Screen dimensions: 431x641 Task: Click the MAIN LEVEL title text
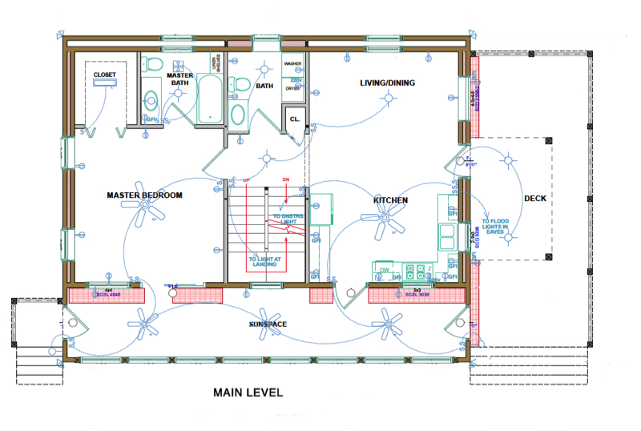248,393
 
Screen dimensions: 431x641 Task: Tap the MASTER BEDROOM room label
145,195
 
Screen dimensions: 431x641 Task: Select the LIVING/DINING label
388,83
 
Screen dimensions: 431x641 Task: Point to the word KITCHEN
390,199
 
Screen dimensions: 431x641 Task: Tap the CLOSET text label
104,75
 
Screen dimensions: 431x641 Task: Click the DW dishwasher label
385,270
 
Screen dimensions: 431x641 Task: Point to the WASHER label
292,62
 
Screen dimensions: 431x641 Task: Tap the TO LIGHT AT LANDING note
264,262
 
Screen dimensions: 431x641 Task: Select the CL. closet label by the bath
294,119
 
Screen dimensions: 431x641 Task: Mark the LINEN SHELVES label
214,62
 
